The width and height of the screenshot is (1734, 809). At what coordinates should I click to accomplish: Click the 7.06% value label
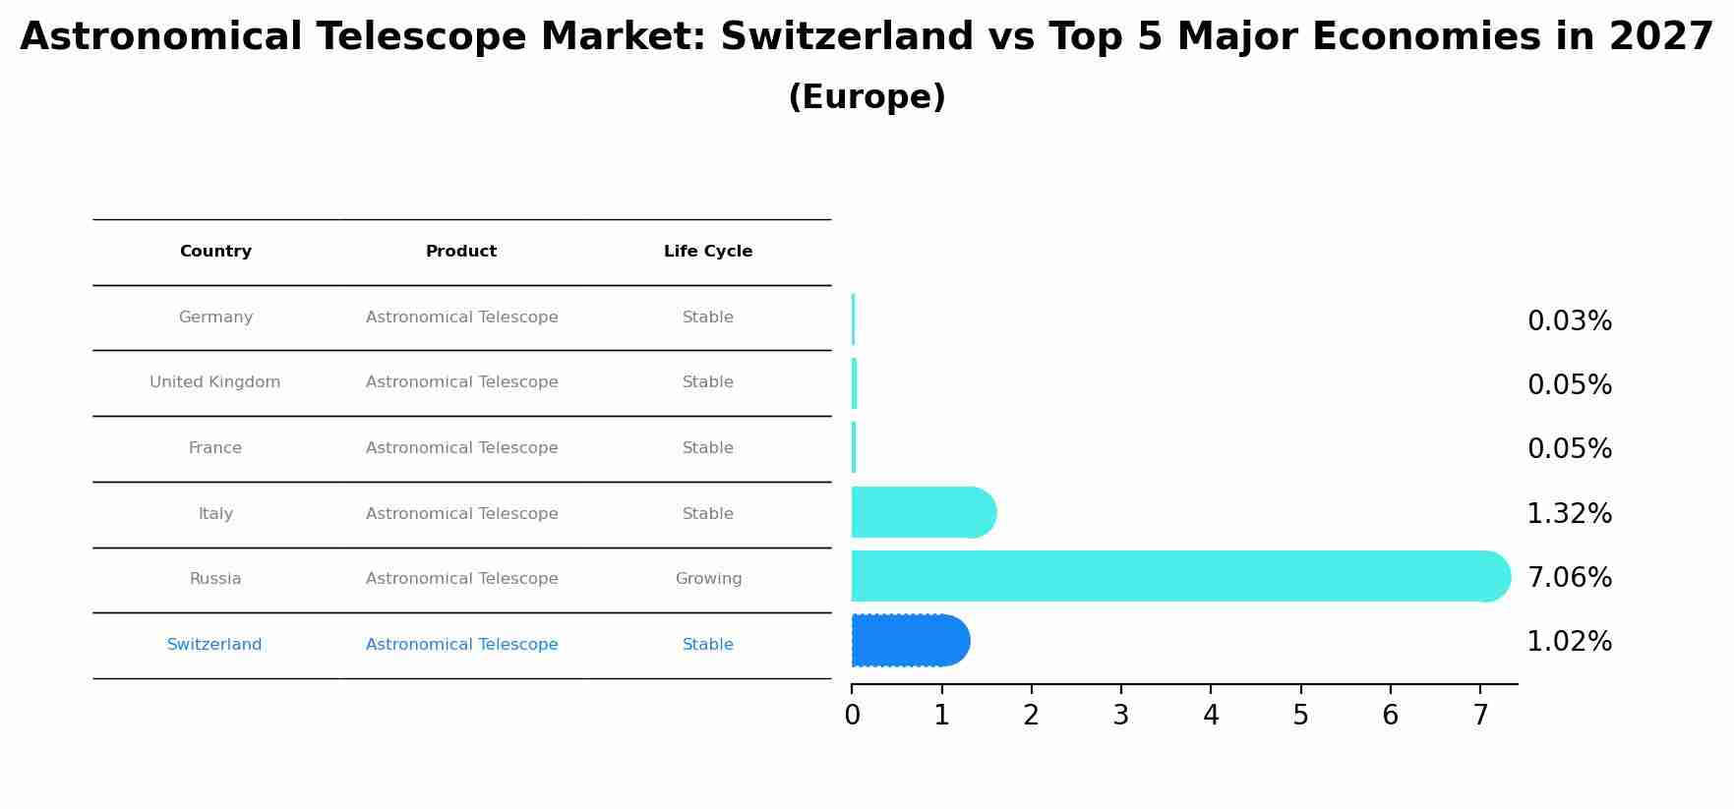(1569, 578)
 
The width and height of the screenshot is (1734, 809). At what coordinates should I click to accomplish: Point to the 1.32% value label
(1569, 514)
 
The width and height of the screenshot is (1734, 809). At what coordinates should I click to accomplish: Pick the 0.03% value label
(1569, 321)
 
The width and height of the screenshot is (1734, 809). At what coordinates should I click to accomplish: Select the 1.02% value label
(1569, 642)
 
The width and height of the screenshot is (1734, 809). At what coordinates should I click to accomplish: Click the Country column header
(215, 252)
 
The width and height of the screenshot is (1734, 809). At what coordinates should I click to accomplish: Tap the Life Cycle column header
(708, 252)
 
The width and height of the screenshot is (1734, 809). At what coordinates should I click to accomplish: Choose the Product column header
(461, 252)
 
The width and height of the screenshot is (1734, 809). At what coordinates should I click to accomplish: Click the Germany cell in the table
(215, 318)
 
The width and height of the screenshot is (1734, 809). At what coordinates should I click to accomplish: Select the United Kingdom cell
(215, 382)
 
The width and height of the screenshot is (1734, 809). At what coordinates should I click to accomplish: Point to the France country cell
(215, 448)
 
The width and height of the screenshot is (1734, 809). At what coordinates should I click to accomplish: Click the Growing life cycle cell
(708, 579)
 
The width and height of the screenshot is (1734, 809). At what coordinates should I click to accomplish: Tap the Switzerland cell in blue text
(214, 645)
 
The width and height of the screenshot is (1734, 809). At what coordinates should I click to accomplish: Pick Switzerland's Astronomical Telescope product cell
(461, 645)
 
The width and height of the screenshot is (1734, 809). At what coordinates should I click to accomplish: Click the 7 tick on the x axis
(1480, 716)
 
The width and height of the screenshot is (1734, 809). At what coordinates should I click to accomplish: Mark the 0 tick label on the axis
(852, 716)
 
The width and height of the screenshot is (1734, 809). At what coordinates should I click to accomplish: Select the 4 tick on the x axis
(1211, 716)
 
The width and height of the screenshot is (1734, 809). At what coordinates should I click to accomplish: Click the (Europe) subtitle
(867, 97)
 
